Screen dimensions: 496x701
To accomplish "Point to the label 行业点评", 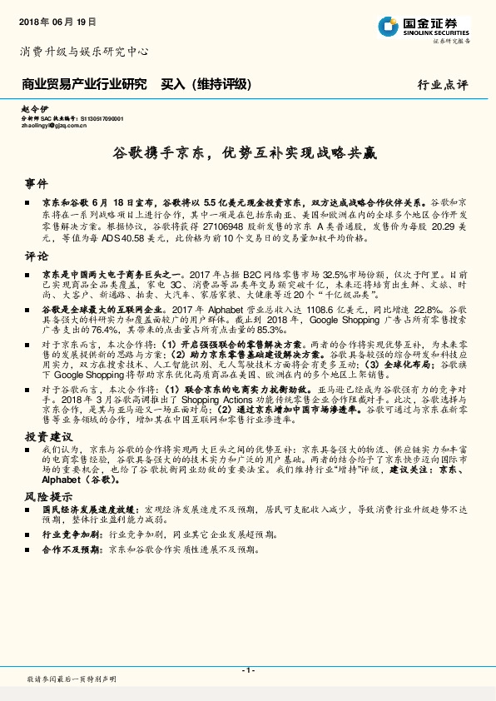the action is point(443,85).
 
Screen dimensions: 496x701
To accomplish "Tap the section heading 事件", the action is point(37,182).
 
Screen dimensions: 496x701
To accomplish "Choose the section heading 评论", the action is point(37,256).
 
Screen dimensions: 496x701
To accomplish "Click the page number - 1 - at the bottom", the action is point(247,670).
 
